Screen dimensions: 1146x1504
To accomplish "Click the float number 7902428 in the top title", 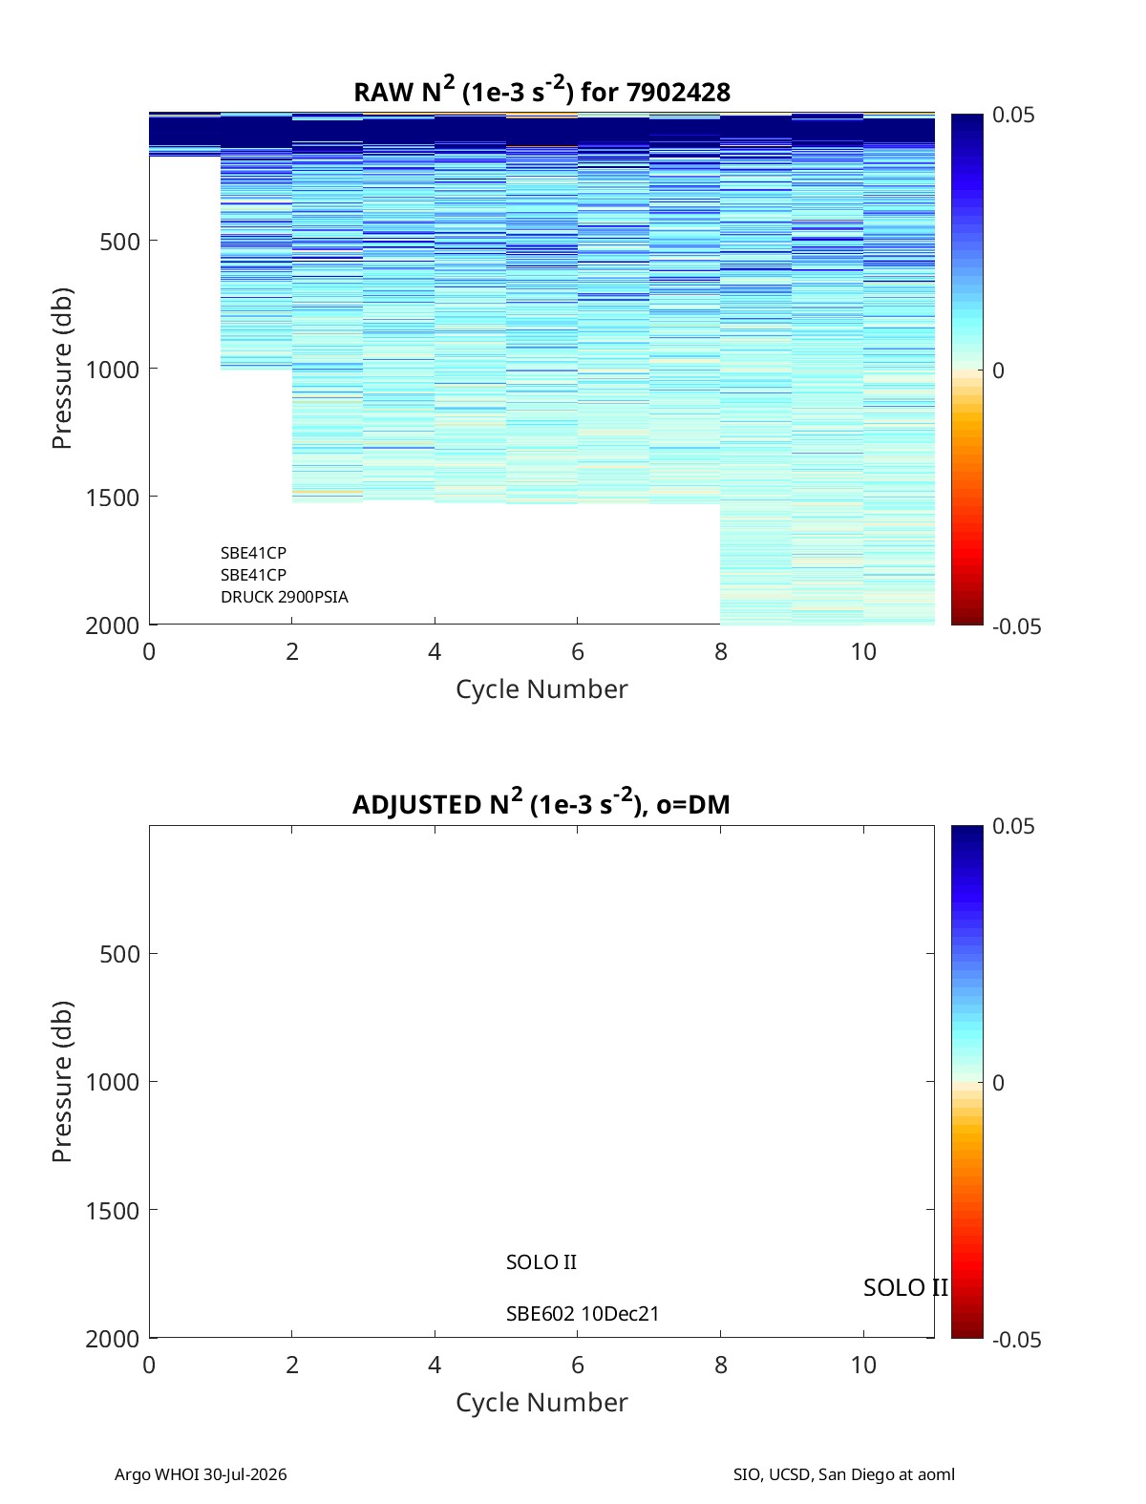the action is point(678,93).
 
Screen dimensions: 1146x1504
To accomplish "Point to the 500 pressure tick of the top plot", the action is point(120,242).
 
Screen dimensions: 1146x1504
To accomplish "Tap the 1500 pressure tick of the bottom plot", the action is point(113,1212).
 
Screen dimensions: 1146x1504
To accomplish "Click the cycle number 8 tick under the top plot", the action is point(721,651).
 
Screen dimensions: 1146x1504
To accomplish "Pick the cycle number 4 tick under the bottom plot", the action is point(435,1365).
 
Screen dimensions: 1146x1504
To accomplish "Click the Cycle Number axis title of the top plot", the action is point(541,689).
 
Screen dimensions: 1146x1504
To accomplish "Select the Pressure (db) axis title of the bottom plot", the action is point(62,1082).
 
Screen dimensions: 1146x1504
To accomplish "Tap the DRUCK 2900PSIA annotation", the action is point(285,597).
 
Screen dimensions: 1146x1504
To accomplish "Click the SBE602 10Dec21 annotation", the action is point(583,1314).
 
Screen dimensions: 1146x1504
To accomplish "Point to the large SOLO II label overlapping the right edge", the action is point(905,1287).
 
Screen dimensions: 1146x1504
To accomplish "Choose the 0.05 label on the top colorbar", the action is point(1013,116).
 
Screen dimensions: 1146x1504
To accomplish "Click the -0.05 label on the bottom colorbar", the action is point(1016,1340).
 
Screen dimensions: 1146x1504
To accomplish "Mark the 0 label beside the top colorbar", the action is point(998,371).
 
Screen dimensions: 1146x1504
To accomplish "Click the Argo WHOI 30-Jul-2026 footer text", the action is point(201,1473).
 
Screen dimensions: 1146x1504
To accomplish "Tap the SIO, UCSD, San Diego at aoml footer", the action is point(843,1473).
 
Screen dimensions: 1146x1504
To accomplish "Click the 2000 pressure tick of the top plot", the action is point(113,625).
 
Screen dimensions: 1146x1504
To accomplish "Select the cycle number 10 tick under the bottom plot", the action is point(863,1365).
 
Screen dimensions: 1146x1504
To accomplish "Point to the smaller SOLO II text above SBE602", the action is point(541,1262).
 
